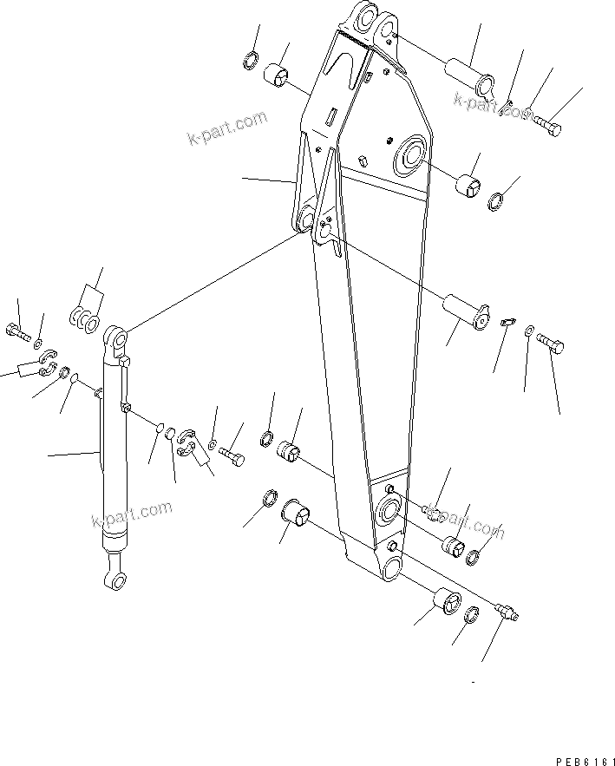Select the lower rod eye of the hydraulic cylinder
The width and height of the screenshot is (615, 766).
pos(113,579)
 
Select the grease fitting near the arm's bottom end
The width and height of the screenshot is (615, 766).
pos(507,612)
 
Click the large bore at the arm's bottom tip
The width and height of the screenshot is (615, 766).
pos(390,567)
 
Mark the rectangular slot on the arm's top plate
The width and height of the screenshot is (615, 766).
pos(330,113)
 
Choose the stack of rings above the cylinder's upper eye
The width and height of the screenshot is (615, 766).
pos(83,317)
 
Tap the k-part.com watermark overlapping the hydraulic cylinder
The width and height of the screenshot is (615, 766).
pos(131,514)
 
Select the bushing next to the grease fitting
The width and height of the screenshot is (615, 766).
pos(445,601)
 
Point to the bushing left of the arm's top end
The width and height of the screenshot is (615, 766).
pos(278,76)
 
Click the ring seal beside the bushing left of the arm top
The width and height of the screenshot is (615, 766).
pos(248,60)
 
